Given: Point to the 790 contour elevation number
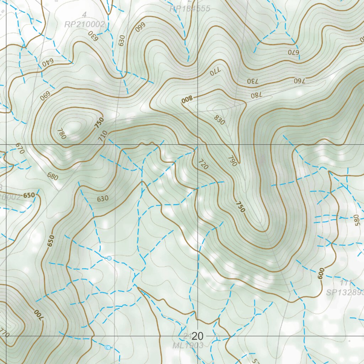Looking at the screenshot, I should [232, 161].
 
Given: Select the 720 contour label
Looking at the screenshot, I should [202, 164].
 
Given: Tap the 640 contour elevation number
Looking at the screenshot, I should [47, 62].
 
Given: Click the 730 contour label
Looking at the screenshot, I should [254, 81].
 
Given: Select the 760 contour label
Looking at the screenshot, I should [300, 80].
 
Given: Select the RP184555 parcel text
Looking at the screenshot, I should [190, 9].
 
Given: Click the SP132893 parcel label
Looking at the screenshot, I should [345, 292].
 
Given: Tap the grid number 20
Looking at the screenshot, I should [198, 336].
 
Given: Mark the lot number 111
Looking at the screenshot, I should [345, 283].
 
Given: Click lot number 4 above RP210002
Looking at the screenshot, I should [84, 15].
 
